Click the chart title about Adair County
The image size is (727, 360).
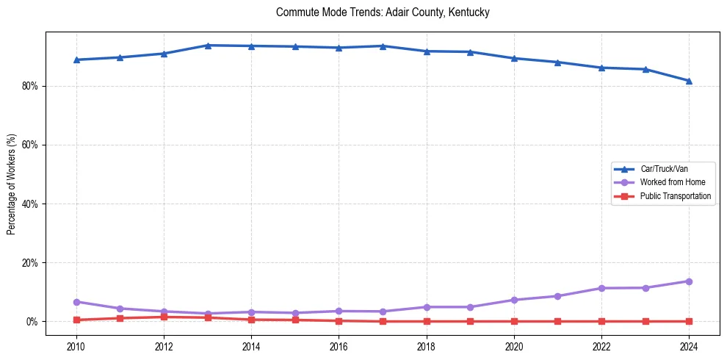383,12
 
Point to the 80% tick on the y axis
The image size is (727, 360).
30,86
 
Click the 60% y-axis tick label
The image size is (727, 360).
30,145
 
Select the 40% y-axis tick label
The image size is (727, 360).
30,204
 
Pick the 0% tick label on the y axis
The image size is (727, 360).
32,321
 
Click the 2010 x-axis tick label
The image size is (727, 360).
76,346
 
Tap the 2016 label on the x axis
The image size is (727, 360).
339,346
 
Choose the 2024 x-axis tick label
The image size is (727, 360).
689,346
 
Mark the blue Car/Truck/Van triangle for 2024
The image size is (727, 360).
689,81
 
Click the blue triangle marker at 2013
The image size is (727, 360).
208,46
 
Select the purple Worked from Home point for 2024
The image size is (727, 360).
689,281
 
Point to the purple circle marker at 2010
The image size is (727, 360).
76,302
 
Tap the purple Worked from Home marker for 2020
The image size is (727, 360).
514,300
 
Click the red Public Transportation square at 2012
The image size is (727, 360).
164,317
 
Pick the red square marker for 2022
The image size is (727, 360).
601,321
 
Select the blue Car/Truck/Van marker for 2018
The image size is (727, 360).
427,51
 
